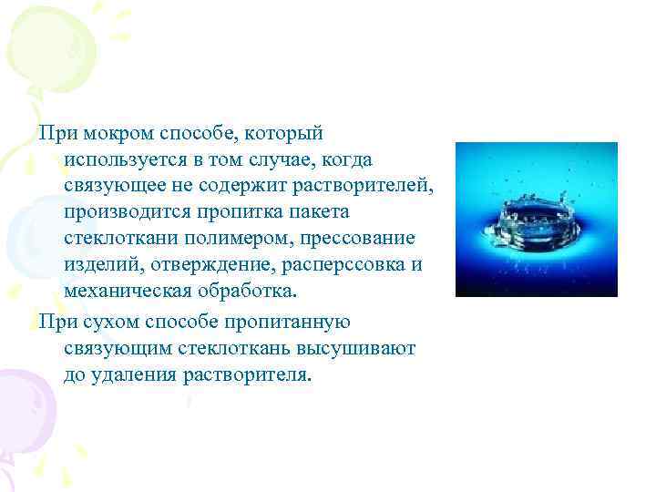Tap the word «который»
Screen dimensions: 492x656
coord(289,135)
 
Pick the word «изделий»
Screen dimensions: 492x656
coord(98,264)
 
